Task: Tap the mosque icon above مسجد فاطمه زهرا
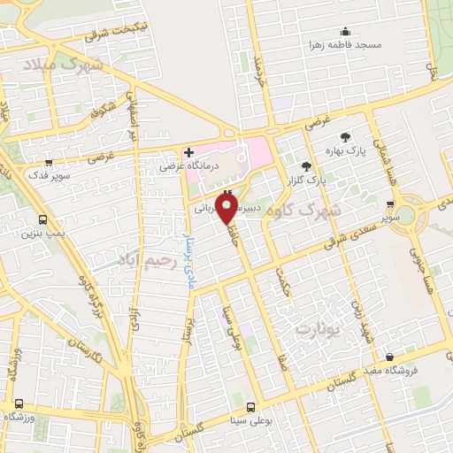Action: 345,31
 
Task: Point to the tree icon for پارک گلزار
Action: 306,165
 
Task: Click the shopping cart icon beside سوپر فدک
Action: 48,164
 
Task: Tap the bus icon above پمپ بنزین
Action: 42,219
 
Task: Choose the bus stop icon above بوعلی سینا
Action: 250,407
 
